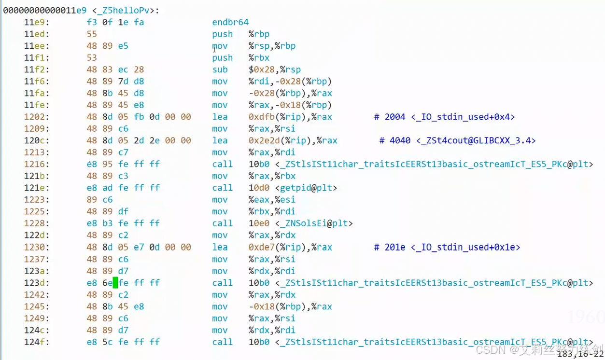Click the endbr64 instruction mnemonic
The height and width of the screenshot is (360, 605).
230,22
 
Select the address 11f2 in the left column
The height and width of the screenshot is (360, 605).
37,69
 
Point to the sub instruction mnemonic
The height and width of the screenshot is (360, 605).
220,69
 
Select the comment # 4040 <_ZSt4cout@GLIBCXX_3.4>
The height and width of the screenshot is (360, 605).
457,140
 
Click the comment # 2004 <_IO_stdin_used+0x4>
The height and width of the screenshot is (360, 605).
444,117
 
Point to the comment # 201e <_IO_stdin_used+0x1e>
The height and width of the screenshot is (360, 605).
447,247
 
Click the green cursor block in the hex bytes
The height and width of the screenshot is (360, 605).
115,283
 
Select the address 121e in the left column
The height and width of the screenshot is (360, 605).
37,188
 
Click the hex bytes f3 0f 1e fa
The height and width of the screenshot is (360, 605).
115,22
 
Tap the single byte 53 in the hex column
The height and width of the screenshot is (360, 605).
92,58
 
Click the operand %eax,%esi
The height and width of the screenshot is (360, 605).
272,200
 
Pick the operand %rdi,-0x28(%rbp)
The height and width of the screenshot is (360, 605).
290,82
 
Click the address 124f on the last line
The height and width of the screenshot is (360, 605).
37,342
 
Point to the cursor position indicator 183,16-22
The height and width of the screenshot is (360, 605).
580,354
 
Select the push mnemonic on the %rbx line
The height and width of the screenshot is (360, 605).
222,58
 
